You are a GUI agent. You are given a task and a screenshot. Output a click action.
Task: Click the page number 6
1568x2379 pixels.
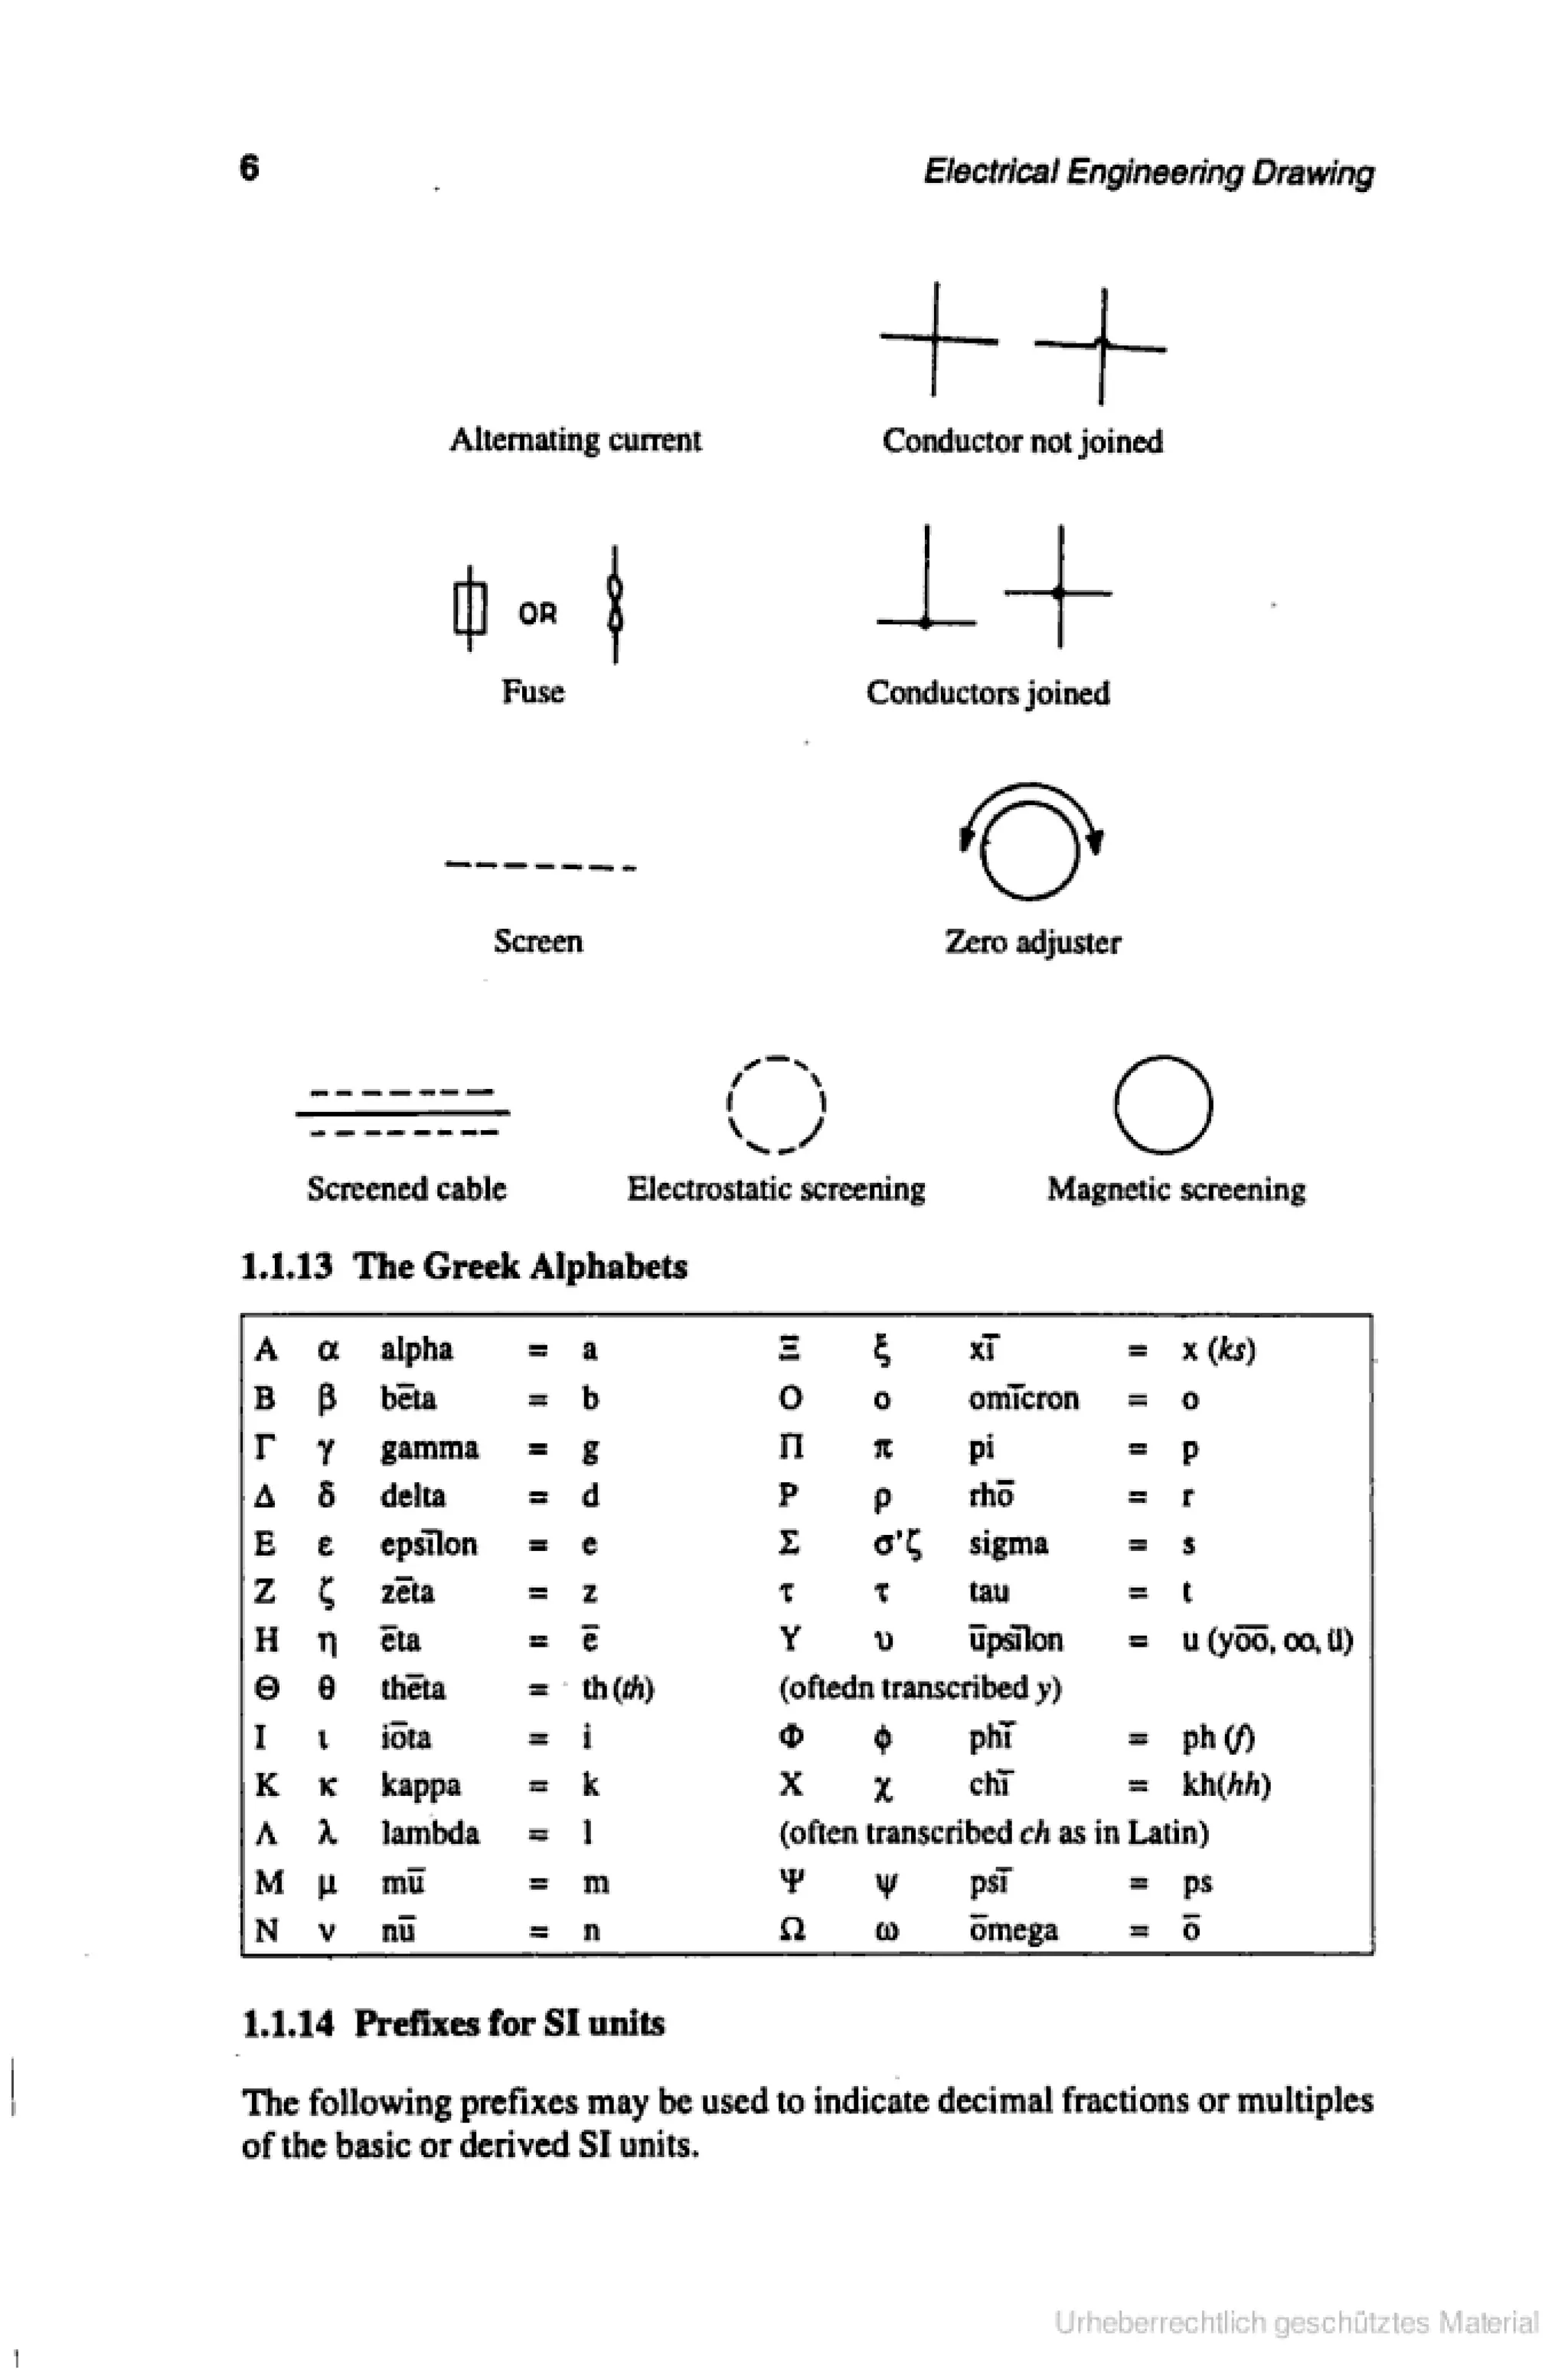pyautogui.click(x=249, y=167)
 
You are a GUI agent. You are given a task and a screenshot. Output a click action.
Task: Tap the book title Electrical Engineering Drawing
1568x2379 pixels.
pyautogui.click(x=1148, y=172)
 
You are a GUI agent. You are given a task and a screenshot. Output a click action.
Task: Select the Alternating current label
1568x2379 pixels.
pyautogui.click(x=575, y=440)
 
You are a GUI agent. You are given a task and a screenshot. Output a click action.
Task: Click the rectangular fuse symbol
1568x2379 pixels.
pyautogui.click(x=469, y=608)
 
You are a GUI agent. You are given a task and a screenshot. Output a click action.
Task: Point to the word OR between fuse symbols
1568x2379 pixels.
pyautogui.click(x=537, y=613)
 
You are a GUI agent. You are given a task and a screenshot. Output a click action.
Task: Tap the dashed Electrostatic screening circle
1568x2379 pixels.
pyautogui.click(x=776, y=1104)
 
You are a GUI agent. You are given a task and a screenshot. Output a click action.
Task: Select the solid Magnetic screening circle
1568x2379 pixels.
pyautogui.click(x=1163, y=1104)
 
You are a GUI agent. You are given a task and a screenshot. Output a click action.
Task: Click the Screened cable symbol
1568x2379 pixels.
pyautogui.click(x=402, y=1113)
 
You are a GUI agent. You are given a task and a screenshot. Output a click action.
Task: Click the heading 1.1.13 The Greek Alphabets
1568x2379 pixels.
pyautogui.click(x=464, y=1266)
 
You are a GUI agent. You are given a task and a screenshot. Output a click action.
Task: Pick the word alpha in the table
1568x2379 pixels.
pyautogui.click(x=416, y=1350)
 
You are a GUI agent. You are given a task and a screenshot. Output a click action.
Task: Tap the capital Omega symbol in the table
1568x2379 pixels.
pyautogui.click(x=791, y=1929)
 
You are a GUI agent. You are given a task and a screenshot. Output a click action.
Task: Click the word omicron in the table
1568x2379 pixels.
pyautogui.click(x=1023, y=1397)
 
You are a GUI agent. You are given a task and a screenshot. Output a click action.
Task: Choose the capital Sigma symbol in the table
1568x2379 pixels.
pyautogui.click(x=789, y=1543)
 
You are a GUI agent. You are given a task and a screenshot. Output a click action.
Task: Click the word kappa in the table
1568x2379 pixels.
pyautogui.click(x=420, y=1784)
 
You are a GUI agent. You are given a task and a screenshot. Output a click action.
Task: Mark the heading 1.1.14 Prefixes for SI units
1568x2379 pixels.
pyautogui.click(x=453, y=2023)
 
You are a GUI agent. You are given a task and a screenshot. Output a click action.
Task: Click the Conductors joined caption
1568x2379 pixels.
pyautogui.click(x=988, y=693)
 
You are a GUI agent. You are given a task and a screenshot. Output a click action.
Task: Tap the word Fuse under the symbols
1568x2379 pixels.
pyautogui.click(x=532, y=691)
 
